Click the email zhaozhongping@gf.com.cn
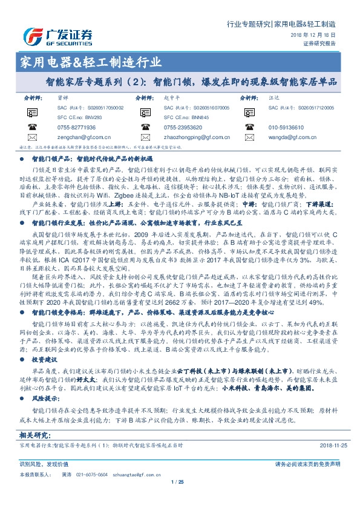pyautogui.click(x=195, y=138)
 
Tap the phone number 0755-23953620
pyautogui.click(x=183, y=128)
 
